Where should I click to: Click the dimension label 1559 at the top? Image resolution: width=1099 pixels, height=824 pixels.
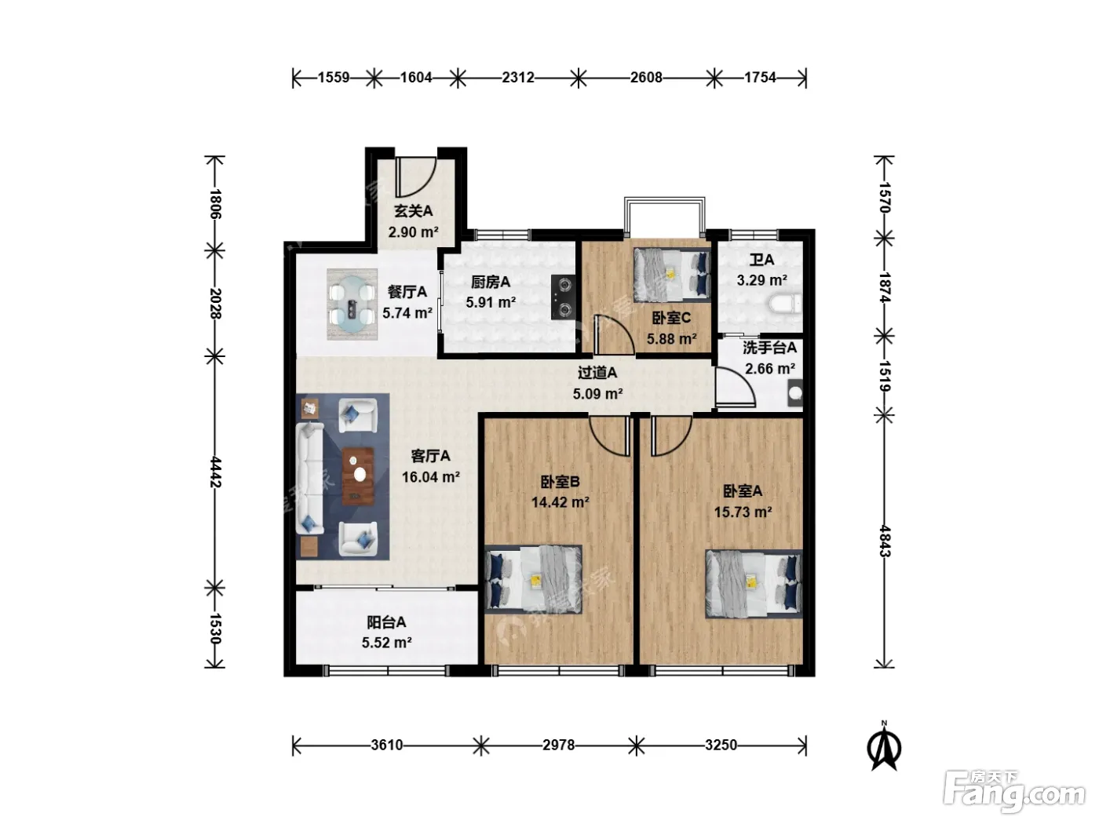[334, 78]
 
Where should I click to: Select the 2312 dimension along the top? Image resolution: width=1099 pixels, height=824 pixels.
[517, 78]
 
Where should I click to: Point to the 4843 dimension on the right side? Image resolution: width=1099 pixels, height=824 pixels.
[884, 541]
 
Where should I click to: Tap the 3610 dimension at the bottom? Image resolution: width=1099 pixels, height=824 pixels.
[386, 745]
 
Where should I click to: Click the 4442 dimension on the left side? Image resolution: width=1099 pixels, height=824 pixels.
[215, 472]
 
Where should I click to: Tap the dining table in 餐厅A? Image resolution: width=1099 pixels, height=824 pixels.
[352, 304]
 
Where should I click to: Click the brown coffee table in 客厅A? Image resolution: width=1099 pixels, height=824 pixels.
[358, 476]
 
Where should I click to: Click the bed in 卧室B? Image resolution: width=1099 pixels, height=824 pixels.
[534, 579]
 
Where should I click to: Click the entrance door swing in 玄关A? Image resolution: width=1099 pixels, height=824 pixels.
[415, 177]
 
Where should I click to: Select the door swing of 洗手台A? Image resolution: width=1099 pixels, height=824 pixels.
[735, 387]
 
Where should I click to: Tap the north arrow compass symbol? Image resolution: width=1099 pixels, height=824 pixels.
[884, 746]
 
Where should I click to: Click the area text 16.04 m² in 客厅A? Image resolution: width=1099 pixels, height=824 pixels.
[431, 477]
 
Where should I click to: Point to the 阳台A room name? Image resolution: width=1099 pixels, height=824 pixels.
[386, 622]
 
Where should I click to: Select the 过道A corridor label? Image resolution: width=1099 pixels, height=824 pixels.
[597, 373]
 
